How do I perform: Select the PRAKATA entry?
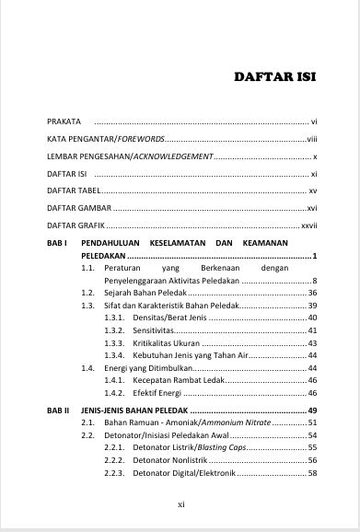[x=64, y=121]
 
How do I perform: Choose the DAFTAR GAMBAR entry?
[x=79, y=207]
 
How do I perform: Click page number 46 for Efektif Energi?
[x=312, y=393]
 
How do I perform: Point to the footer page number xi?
[x=180, y=504]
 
